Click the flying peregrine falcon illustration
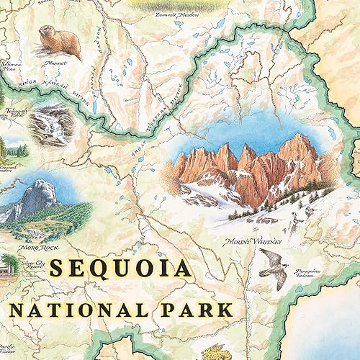[x=271, y=268]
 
